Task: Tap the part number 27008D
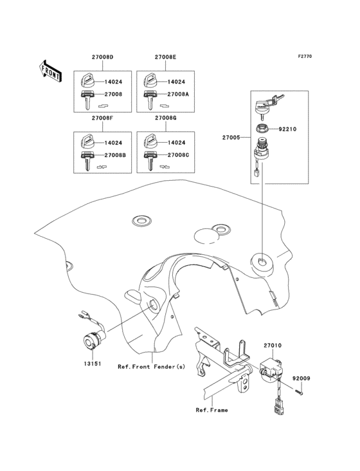(102, 57)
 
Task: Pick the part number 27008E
(165, 57)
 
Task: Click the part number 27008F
(102, 119)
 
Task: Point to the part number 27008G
(165, 119)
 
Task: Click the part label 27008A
(179, 94)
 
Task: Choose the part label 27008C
(179, 155)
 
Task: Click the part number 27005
(231, 137)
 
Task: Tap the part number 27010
(272, 346)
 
